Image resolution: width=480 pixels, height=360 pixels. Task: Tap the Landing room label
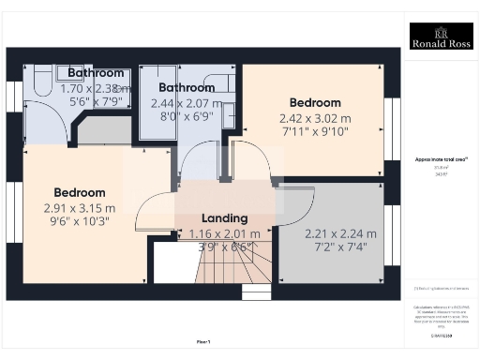225,218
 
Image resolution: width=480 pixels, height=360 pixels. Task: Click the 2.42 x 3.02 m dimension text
315,119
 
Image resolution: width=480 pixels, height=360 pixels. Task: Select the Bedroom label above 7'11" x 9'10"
315,102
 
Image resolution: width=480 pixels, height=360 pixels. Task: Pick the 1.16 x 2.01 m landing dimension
225,233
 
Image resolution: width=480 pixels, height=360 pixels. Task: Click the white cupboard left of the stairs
173,263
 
